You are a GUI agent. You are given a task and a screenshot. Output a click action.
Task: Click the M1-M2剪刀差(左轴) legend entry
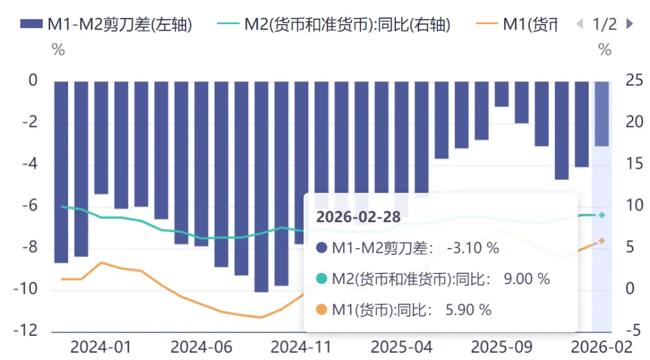(106, 24)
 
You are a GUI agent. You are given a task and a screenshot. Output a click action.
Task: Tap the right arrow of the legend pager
(630, 24)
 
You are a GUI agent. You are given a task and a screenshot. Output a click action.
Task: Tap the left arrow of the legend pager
(580, 24)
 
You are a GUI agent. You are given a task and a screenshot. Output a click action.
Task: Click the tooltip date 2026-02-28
(358, 217)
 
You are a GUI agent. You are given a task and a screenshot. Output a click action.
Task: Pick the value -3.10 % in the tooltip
(473, 248)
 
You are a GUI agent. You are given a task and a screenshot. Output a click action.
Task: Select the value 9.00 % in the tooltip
(527, 279)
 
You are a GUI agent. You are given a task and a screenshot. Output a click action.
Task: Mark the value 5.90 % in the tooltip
(468, 310)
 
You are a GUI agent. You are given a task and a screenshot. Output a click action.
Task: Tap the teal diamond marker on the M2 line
(601, 215)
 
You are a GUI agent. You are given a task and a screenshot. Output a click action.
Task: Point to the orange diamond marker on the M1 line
(601, 241)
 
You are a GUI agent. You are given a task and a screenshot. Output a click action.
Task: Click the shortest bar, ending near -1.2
(501, 94)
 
